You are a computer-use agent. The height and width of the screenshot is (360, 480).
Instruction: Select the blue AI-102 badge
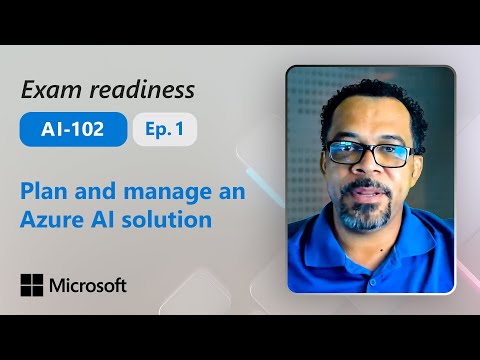73,130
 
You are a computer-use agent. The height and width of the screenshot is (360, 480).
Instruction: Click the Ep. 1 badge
164,130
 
